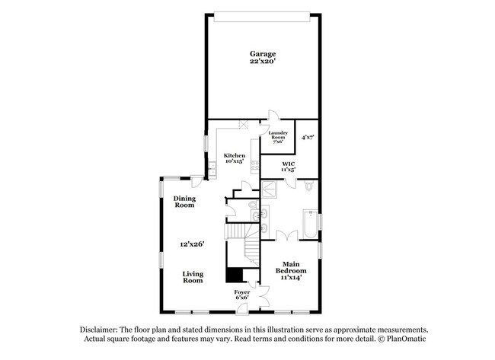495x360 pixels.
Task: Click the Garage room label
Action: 263,53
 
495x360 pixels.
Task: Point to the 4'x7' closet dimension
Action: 308,138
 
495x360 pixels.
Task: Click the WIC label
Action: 288,164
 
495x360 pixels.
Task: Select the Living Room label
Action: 193,277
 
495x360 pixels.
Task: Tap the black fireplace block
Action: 234,275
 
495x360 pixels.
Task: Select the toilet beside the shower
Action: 307,186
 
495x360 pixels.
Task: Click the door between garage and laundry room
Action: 273,115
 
